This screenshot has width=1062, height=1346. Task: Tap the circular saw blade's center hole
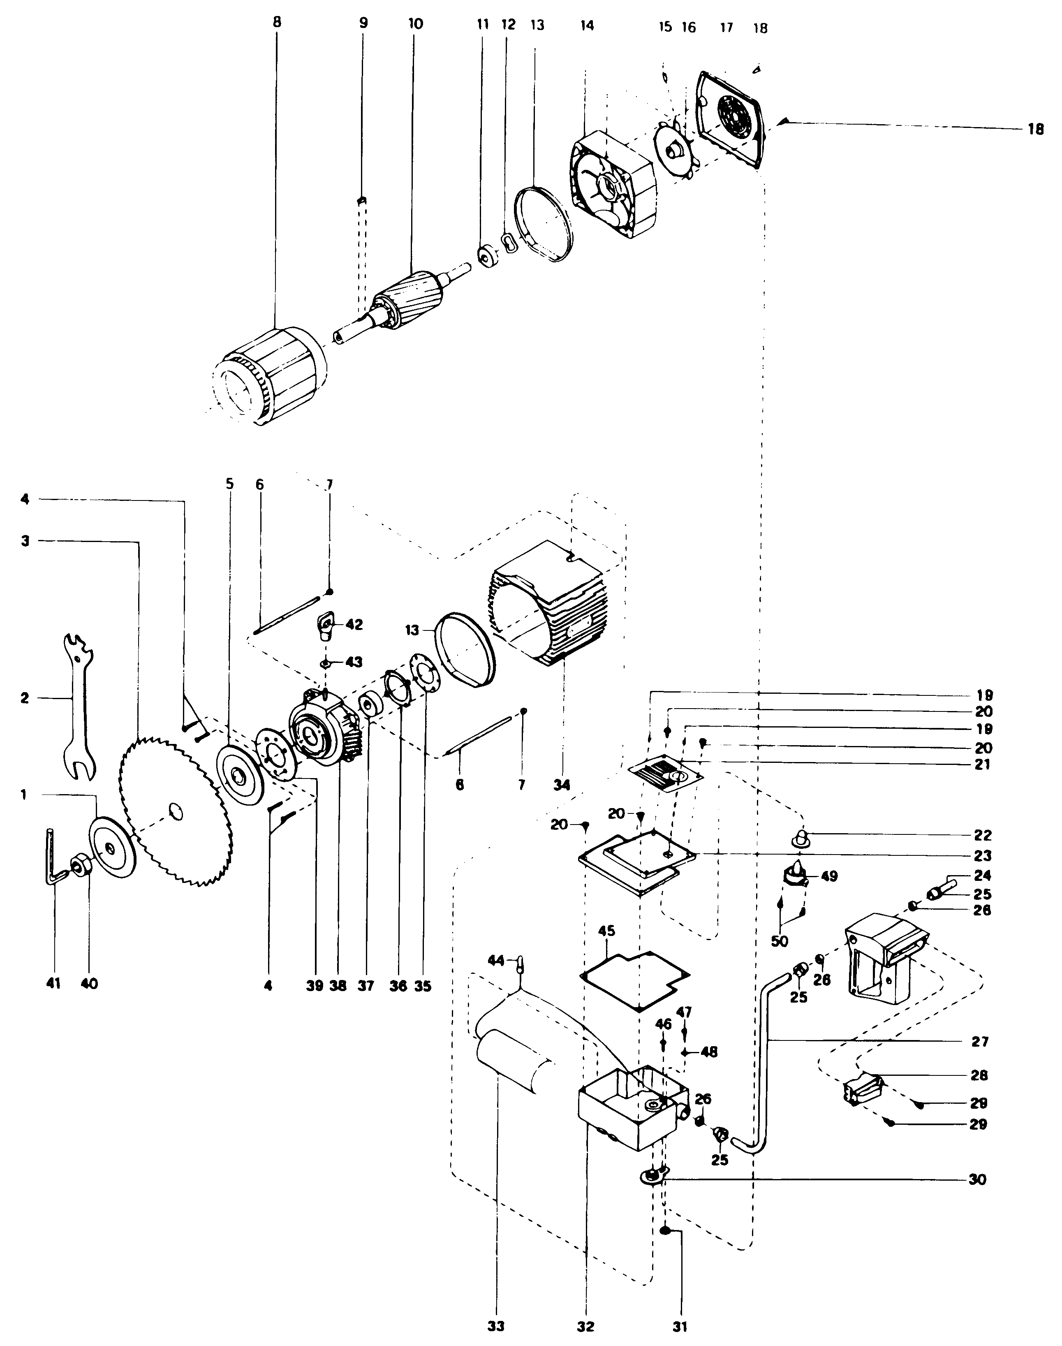pyautogui.click(x=175, y=811)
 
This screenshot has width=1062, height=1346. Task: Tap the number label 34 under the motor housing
pyautogui.click(x=562, y=785)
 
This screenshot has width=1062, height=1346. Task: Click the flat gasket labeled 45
pyautogui.click(x=634, y=977)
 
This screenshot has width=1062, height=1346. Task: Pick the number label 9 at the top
pyautogui.click(x=363, y=23)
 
